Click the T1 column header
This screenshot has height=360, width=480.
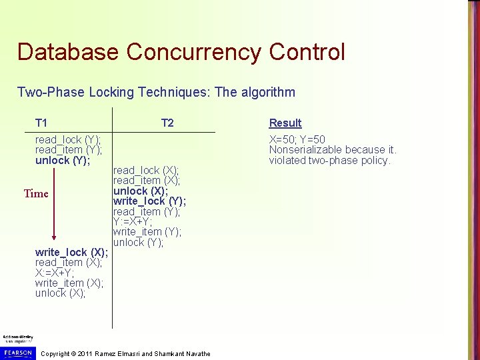(x=41, y=123)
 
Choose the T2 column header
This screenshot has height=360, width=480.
(x=167, y=123)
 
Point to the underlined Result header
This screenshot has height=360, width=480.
(x=285, y=123)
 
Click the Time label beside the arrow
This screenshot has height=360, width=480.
(x=36, y=194)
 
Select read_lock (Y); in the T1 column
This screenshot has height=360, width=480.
(x=68, y=139)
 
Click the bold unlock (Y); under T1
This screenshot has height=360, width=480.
(x=63, y=160)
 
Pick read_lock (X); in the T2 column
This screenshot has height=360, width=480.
(x=146, y=170)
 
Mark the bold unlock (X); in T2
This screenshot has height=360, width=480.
(x=141, y=191)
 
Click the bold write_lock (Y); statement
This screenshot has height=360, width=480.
(x=149, y=201)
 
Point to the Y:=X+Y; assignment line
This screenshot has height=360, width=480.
(x=132, y=221)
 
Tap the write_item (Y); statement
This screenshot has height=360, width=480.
(x=147, y=232)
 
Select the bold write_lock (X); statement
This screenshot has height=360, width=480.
(x=71, y=252)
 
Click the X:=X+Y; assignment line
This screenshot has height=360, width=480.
(x=55, y=273)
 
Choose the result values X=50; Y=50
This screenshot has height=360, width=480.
(x=297, y=139)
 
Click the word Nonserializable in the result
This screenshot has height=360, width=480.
(x=303, y=150)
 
